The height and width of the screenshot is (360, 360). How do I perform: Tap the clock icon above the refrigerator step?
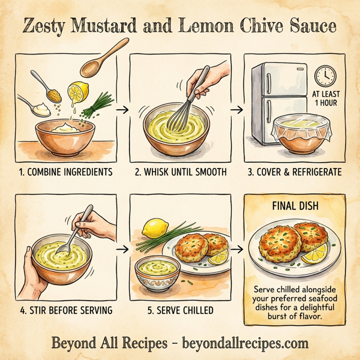click(x=324, y=76)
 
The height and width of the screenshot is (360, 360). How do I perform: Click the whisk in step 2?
click(x=184, y=111)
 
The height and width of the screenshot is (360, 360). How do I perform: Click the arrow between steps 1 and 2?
click(x=122, y=110)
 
